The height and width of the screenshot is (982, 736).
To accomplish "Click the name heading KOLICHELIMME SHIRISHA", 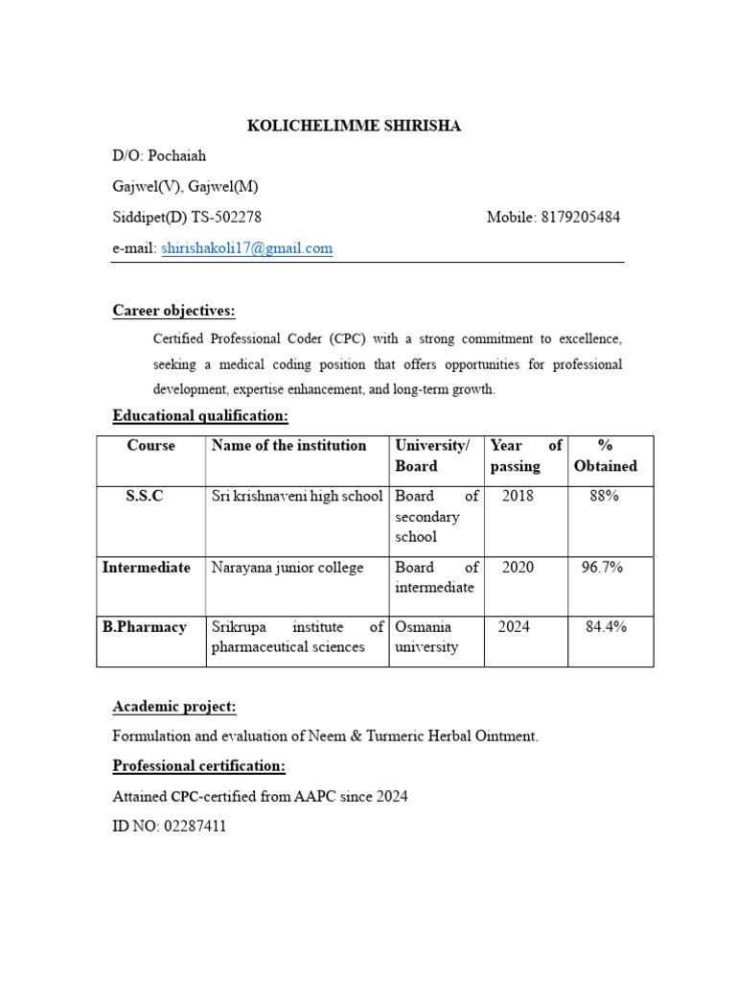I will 355,126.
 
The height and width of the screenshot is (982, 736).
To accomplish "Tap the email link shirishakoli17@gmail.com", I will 247,248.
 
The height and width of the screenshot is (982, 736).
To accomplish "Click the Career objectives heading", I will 173,311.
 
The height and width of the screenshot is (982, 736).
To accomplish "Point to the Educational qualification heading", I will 200,416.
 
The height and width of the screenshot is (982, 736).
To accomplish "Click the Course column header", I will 150,446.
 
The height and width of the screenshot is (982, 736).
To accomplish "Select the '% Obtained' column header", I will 605,456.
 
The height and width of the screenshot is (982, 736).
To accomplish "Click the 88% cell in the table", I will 605,497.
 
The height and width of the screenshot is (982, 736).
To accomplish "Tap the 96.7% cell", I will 602,568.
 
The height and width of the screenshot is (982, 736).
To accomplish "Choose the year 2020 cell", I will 517,568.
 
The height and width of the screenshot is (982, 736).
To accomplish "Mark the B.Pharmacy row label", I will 145,627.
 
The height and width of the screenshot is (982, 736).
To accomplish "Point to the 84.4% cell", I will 606,627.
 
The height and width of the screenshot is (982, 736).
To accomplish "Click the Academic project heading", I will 174,707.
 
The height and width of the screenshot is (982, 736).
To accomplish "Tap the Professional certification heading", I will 198,766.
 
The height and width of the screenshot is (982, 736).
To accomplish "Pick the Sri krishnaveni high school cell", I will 297,497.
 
